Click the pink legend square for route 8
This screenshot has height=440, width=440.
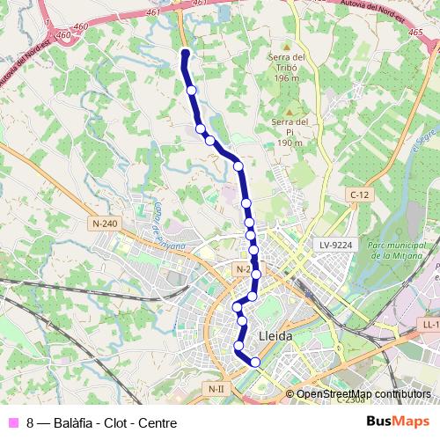[11, 422]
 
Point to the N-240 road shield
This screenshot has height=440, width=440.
[104, 224]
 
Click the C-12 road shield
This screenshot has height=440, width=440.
[358, 194]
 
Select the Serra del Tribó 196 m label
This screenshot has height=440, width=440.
[287, 68]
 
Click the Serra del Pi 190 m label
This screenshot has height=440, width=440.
[289, 132]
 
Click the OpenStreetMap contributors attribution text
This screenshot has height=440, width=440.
[363, 394]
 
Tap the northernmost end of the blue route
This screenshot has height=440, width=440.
[185, 52]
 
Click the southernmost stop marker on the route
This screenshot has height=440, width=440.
[255, 362]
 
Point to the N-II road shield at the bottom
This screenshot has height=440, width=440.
[216, 388]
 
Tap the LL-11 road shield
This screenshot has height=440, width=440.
[429, 325]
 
